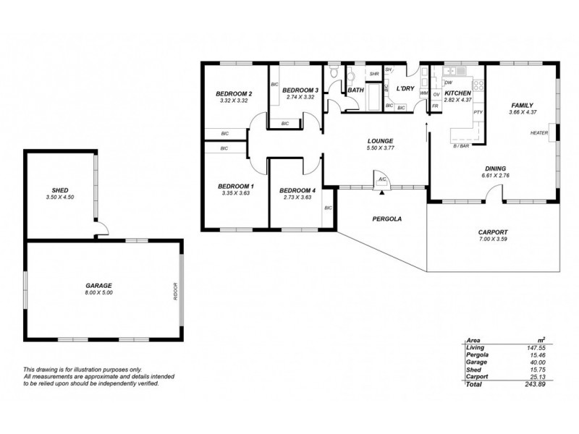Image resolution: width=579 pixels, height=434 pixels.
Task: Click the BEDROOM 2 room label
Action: pos(234,94)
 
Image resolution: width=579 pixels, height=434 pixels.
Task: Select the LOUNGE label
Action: pos(380,141)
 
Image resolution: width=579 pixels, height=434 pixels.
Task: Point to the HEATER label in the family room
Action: pos(538,133)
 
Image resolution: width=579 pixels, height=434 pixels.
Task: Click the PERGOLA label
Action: pos(387,218)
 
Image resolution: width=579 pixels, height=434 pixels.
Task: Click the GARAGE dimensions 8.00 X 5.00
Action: pos(98,293)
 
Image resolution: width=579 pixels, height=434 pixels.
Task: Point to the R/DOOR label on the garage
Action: pos(175,289)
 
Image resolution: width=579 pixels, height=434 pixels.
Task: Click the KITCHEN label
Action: pos(458,94)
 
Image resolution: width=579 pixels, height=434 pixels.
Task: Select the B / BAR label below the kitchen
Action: pos(461,146)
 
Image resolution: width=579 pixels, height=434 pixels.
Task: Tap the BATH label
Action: pos(355,90)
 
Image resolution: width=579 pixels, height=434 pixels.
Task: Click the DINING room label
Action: pos(496,167)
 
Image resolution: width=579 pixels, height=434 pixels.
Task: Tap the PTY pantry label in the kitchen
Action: pos(478,113)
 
